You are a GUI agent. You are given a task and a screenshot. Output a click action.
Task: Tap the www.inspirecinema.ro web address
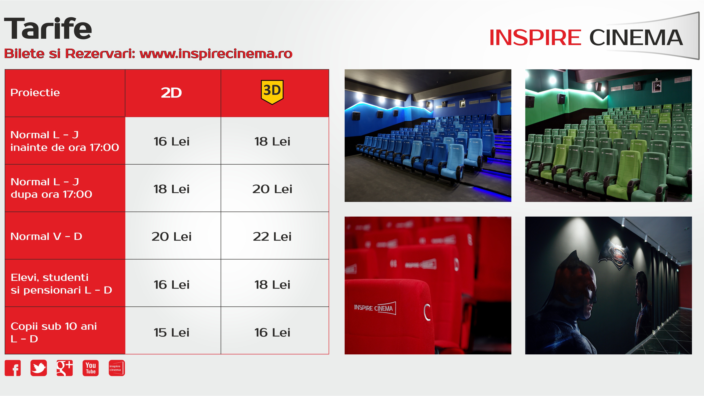coord(216,54)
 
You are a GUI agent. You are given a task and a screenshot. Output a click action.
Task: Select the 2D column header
coord(171,93)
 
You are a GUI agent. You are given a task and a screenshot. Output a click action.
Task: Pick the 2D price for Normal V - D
coord(172,236)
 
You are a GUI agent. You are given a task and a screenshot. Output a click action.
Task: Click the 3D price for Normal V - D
coord(272,236)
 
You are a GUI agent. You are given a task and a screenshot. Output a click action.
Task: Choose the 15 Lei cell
coord(171,333)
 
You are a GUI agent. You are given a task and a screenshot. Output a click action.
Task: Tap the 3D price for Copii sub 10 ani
coord(272,333)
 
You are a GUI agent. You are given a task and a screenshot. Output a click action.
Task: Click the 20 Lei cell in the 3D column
coord(272,189)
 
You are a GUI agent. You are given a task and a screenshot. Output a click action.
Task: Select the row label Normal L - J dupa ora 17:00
coord(51,188)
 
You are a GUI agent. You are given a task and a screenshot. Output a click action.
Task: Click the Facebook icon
coord(13,368)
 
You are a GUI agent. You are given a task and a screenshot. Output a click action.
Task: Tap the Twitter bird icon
coord(39,368)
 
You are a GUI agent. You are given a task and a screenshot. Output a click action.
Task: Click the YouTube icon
coord(91,368)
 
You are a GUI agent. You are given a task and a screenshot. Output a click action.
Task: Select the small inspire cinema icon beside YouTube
coord(117,368)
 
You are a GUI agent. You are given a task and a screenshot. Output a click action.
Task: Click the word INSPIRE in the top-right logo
coord(535,38)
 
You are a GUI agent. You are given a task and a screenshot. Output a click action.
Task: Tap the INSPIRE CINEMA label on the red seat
coord(375,308)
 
